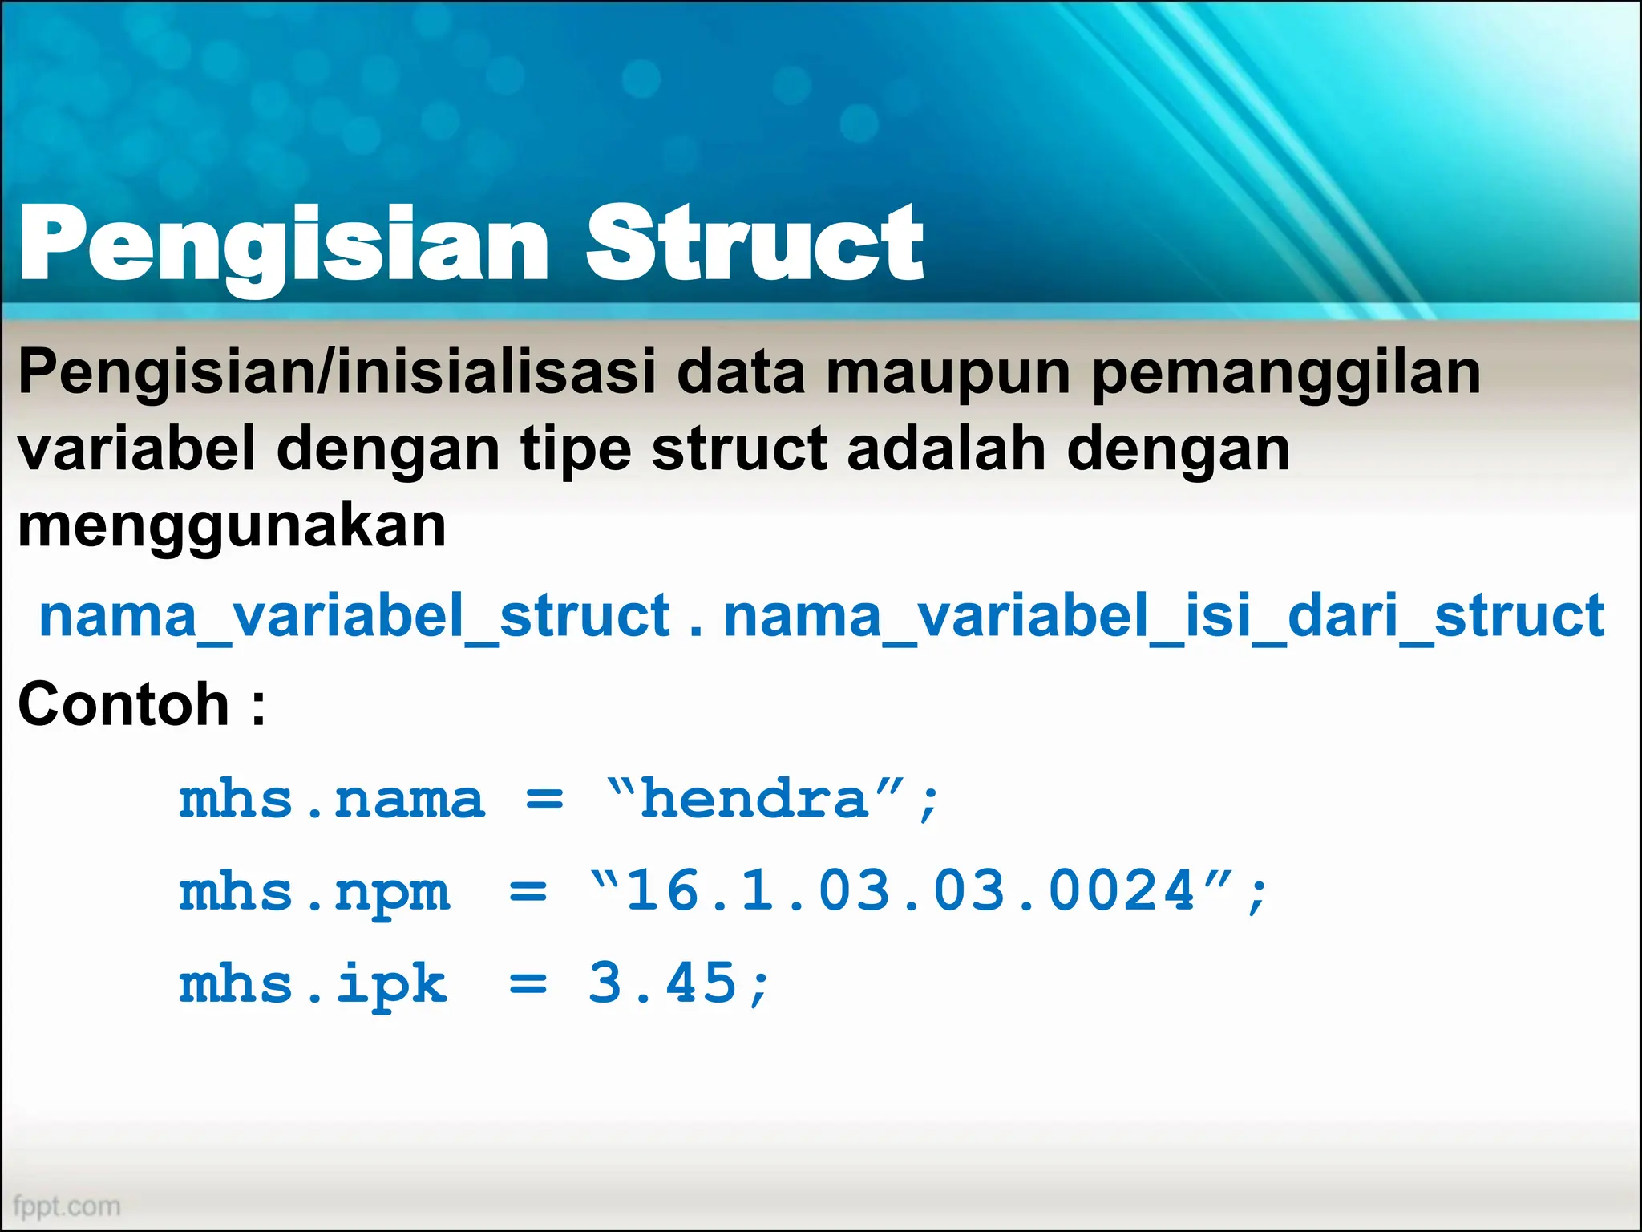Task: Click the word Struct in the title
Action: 755,243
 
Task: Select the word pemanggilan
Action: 1286,374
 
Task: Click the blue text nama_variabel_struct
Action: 354,616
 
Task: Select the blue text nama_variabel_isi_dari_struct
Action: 1164,616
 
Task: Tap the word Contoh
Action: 124,704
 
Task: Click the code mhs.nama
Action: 332,800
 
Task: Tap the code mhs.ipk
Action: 313,985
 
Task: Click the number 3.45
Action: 662,983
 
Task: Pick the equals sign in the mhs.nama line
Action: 544,800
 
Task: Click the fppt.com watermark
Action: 67,1206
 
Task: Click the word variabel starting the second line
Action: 136,449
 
